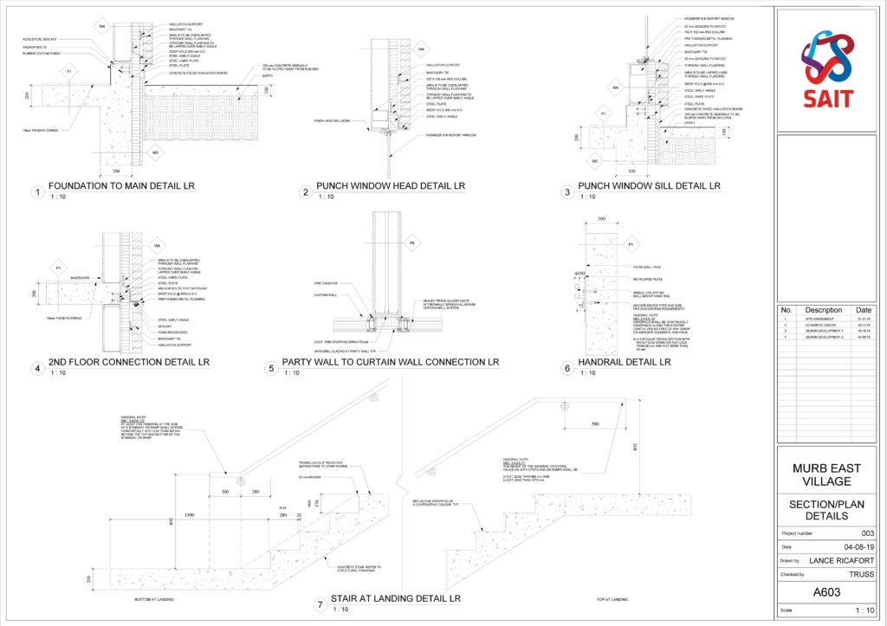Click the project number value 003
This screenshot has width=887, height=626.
866,533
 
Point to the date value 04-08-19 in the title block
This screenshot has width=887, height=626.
858,546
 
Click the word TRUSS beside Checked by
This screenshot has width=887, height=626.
862,574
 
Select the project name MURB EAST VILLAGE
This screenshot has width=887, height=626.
827,474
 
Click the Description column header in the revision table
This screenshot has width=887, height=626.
823,309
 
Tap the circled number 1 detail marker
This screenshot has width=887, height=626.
37,192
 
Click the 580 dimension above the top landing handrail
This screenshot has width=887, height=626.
594,423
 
